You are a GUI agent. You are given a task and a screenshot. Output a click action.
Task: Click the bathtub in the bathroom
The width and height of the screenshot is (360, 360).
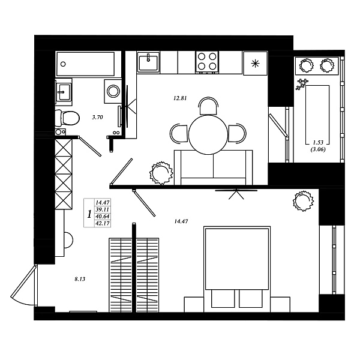(x=85, y=64)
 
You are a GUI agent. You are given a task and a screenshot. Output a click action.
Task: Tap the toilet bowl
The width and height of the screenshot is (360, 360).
(x=67, y=118)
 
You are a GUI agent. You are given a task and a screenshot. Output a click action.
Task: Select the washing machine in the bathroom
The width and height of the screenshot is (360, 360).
(x=113, y=91)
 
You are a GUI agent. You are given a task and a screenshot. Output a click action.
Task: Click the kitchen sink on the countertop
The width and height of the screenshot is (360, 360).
(x=148, y=61)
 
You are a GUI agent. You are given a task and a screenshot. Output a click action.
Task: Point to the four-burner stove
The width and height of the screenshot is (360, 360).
(x=207, y=62)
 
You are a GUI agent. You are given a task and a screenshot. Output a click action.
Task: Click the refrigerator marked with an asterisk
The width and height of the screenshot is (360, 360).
(x=256, y=64)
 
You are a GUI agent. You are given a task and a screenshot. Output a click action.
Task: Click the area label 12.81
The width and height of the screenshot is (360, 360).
(x=180, y=98)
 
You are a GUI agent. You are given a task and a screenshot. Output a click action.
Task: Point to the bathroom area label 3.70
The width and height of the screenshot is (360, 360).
(x=97, y=118)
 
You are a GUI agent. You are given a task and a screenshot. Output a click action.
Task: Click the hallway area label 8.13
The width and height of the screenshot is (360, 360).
(x=80, y=279)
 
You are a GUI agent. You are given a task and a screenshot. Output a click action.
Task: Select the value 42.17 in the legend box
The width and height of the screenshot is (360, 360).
(x=103, y=223)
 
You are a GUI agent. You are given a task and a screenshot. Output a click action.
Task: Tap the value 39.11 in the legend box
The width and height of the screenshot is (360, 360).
(x=103, y=209)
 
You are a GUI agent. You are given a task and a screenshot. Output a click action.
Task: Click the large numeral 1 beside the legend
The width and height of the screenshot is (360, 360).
(x=89, y=215)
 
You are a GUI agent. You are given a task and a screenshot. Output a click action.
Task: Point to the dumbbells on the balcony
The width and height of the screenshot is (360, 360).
(x=302, y=84)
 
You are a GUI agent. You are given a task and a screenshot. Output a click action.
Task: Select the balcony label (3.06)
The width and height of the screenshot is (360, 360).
(x=318, y=150)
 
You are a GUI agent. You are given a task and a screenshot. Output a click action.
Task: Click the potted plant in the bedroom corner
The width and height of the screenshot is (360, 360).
(x=303, y=201)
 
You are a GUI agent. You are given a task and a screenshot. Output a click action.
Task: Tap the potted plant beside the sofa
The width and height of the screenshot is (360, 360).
(x=161, y=173)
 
